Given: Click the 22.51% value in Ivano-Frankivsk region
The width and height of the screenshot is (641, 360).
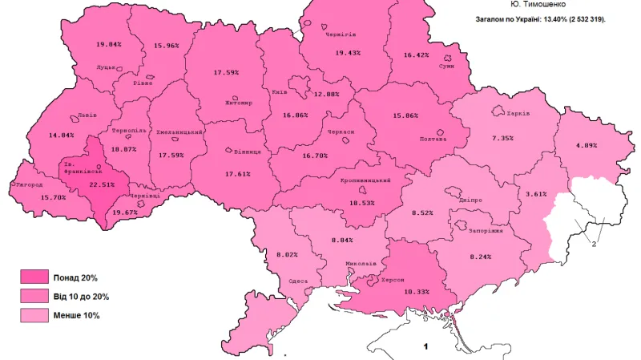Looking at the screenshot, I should pos(102,184).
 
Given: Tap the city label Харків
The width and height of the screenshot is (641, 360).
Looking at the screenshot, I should pos(518,113).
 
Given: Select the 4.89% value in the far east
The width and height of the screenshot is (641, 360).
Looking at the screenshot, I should pos(587,145).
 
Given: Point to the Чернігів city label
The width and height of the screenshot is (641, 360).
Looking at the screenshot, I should pos(341,34).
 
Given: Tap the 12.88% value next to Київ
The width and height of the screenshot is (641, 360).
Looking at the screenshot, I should pos(326,94).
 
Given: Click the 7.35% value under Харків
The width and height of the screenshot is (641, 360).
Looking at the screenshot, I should pos(503,139).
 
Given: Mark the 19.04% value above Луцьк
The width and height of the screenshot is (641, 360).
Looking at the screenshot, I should pos(108,43).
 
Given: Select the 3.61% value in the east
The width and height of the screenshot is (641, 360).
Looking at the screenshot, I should pos(536,194).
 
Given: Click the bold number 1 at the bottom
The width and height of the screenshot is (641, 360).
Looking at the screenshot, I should pos(426,346).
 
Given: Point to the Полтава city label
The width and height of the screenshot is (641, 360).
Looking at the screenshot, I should pos(433,139).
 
